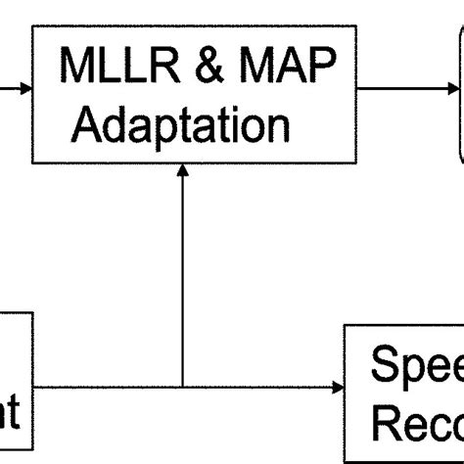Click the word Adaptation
181,124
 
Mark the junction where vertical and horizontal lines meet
182,388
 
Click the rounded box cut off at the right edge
457,93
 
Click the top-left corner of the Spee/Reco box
345,325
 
